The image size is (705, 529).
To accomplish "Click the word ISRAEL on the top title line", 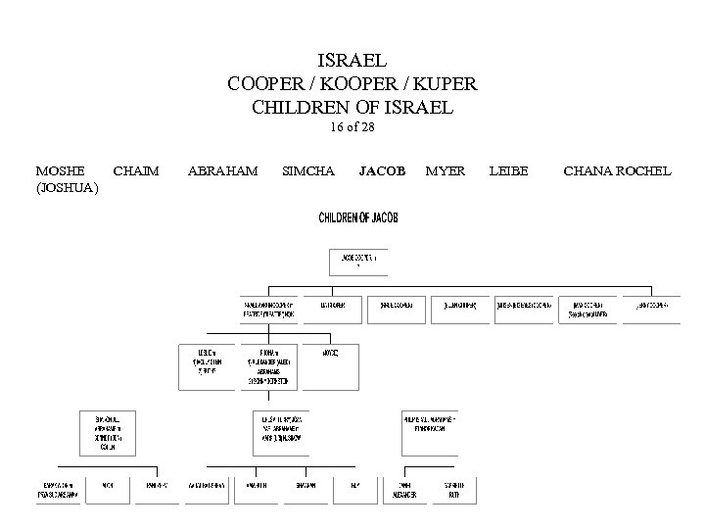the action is click(352, 61).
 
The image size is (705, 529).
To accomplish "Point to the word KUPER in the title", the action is click(444, 83).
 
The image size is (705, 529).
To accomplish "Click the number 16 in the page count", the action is click(338, 127).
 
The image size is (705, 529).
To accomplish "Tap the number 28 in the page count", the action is click(367, 127).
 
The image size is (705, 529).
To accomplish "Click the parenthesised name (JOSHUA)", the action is click(67, 188).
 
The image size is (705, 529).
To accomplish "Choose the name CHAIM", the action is click(136, 170).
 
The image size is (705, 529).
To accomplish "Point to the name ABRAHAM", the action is click(222, 170).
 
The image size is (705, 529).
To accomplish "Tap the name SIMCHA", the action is click(307, 170).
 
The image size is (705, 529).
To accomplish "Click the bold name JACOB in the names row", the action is click(382, 170).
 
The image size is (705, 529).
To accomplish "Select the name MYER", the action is click(446, 170).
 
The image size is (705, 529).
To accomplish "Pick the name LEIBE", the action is click(507, 170).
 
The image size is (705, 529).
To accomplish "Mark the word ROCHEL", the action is click(645, 170).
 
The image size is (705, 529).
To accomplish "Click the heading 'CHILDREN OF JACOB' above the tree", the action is click(356, 216).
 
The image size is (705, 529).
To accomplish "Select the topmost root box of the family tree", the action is click(357, 261).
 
